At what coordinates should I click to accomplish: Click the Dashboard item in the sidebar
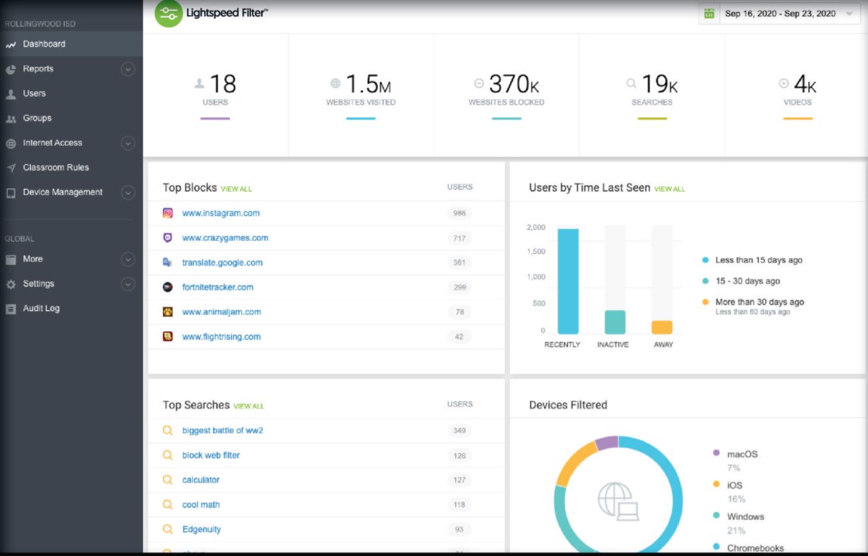43,44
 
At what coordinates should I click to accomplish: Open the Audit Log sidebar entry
41,308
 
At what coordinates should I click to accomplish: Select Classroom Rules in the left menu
55,168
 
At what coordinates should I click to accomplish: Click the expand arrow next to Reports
128,69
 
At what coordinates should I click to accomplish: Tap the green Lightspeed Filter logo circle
168,14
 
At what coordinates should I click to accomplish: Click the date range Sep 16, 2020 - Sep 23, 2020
780,13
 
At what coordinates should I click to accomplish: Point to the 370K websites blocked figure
513,84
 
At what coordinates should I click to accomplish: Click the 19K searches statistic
659,84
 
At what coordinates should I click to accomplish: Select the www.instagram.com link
220,214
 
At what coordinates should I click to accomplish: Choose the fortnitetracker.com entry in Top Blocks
218,288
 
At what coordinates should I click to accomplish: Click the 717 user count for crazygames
459,238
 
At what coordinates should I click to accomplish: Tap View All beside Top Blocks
236,189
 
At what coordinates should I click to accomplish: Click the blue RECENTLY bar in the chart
568,281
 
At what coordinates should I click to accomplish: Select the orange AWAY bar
662,327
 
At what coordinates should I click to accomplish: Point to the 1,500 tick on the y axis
535,252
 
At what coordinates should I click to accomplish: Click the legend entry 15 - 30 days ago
747,281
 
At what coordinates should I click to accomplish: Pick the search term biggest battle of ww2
222,431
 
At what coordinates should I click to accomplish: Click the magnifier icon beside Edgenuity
168,529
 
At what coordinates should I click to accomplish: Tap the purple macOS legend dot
716,453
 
